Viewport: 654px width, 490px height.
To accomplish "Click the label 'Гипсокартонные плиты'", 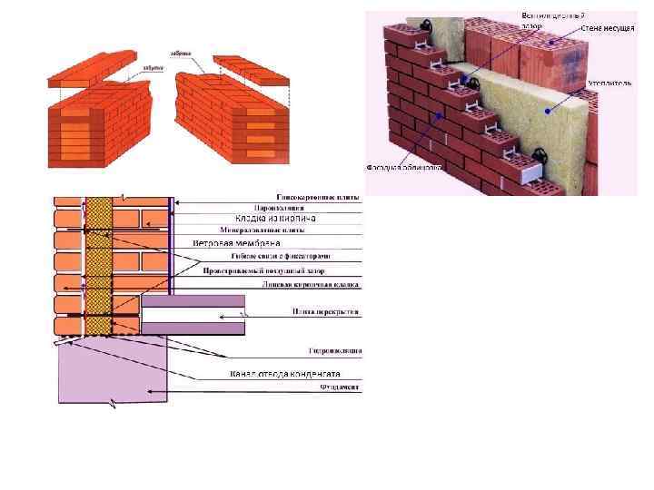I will (x=318, y=196).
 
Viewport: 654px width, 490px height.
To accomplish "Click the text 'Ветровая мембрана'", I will (x=237, y=243).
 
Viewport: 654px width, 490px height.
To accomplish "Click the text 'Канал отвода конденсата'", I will (x=283, y=374).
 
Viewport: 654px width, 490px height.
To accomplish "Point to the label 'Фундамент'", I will (x=340, y=387).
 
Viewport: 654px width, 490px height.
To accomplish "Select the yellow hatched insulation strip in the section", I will (x=98, y=263).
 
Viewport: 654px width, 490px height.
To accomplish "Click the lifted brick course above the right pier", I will (x=253, y=68).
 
